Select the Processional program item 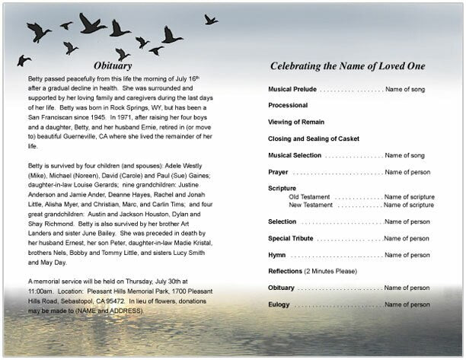pos(288,105)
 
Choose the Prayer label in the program pos(279,172)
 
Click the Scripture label pos(282,188)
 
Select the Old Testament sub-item pos(309,196)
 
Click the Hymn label pos(277,255)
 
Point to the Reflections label pos(285,272)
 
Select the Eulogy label pos(279,304)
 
